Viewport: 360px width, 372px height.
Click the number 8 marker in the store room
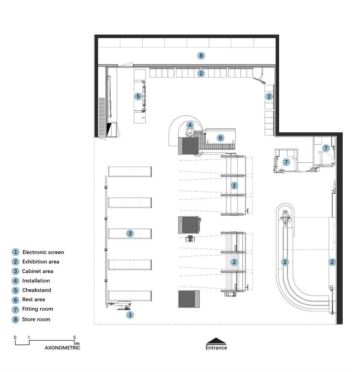201,56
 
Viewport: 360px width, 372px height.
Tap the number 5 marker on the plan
138,96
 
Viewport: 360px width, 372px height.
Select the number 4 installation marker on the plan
190,125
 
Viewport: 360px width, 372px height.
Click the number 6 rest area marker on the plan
220,138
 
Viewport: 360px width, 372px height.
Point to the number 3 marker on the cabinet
130,233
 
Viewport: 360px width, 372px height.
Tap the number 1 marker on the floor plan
130,315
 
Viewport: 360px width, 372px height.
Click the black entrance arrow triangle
216,341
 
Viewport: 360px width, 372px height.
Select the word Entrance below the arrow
216,348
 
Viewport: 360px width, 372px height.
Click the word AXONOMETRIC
62,348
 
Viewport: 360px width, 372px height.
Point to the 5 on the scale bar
74,337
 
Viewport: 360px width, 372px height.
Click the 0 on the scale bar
15,337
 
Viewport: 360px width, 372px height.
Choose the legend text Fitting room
37,309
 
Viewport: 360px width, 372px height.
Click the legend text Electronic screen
43,252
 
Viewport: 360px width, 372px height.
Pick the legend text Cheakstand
37,290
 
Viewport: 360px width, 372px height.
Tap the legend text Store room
36,319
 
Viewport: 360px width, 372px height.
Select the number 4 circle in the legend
15,281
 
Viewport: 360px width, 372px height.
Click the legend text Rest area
33,300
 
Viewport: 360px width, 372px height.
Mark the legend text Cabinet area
37,271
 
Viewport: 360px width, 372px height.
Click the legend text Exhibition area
41,262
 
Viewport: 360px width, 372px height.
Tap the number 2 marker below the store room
201,73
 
